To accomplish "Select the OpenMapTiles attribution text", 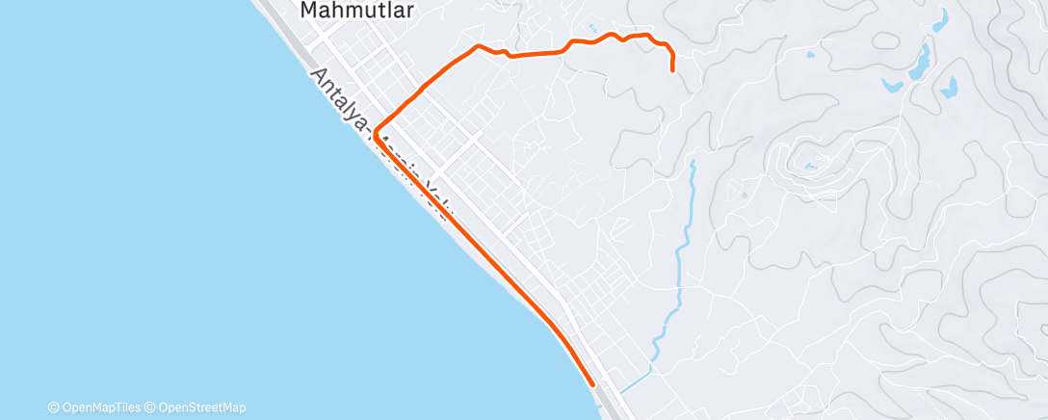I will (102, 407).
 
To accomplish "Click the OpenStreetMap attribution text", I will (200, 407).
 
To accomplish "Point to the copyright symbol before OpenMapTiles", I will (53, 407).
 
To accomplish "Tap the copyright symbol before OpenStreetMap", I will (150, 407).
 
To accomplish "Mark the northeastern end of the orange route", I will (671, 69).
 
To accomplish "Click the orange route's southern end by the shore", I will (591, 384).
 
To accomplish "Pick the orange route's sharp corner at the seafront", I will (374, 129).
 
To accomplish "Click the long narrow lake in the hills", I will (920, 60).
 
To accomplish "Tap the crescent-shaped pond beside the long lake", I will (892, 85).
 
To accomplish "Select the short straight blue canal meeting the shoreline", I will (636, 382).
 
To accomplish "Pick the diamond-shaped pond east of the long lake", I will (949, 90).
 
